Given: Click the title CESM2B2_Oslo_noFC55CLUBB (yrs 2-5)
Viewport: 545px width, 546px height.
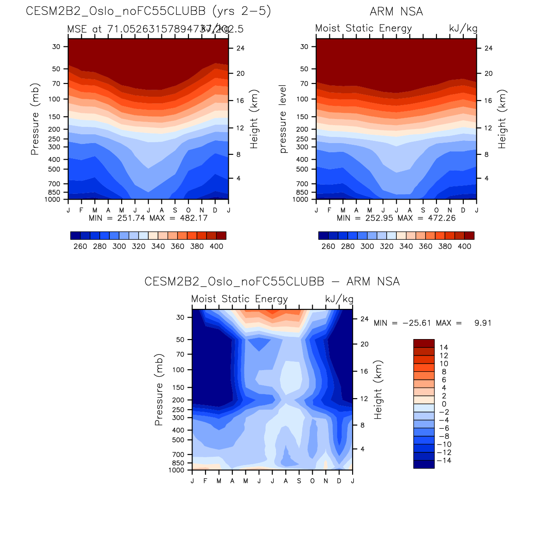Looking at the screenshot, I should (x=148, y=11).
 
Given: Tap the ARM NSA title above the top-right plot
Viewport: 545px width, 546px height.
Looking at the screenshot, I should (x=396, y=12).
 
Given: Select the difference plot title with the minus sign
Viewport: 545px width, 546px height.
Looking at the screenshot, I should (x=272, y=281).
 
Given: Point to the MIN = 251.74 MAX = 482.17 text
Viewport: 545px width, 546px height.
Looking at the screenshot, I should (x=148, y=218).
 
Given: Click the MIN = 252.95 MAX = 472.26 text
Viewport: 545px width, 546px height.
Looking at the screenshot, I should (x=396, y=218).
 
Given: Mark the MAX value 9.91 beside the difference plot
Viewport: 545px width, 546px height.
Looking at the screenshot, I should (x=483, y=323).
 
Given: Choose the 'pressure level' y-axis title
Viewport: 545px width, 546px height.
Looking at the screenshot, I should (x=283, y=119).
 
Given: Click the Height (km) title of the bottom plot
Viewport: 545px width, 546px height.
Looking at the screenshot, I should (x=378, y=390).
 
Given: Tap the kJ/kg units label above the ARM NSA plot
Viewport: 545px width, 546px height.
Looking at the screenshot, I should (x=463, y=28).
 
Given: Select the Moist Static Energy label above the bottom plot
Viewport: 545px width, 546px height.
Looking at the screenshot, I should (x=240, y=299).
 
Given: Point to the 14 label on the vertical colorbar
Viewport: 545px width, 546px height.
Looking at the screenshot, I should (x=444, y=348).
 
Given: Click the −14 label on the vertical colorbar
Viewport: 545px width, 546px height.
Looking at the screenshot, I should (x=444, y=460).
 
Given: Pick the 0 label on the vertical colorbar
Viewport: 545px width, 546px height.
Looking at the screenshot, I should (x=444, y=404).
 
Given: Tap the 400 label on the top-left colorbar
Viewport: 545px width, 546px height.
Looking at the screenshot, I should (x=217, y=246).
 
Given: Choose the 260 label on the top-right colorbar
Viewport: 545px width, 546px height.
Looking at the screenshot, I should (x=328, y=246).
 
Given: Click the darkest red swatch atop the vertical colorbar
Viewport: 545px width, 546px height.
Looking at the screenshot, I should (x=424, y=343).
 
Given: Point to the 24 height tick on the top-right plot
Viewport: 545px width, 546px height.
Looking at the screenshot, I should (x=489, y=48).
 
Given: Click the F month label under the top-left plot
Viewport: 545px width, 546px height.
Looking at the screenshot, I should (x=81, y=210).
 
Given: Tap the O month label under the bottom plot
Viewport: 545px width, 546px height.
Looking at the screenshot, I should (x=312, y=481).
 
